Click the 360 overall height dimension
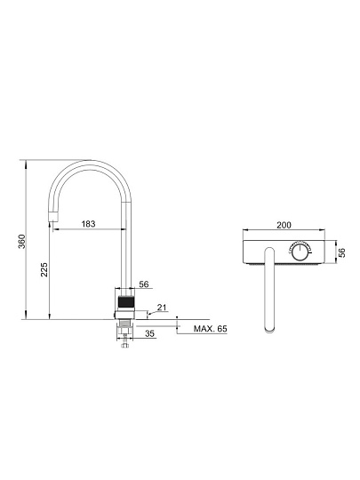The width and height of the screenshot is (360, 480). [22, 241]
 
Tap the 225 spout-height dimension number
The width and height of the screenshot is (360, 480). [44, 269]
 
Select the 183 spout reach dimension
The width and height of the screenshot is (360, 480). [89, 224]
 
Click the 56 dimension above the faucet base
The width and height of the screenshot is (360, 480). [144, 284]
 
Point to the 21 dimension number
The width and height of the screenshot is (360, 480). [162, 307]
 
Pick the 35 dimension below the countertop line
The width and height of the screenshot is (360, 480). [149, 333]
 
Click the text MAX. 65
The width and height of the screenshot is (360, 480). [211, 329]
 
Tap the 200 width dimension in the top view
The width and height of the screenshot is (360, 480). [284, 225]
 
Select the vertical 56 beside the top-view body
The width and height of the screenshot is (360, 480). [342, 252]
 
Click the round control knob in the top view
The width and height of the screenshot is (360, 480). [301, 252]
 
